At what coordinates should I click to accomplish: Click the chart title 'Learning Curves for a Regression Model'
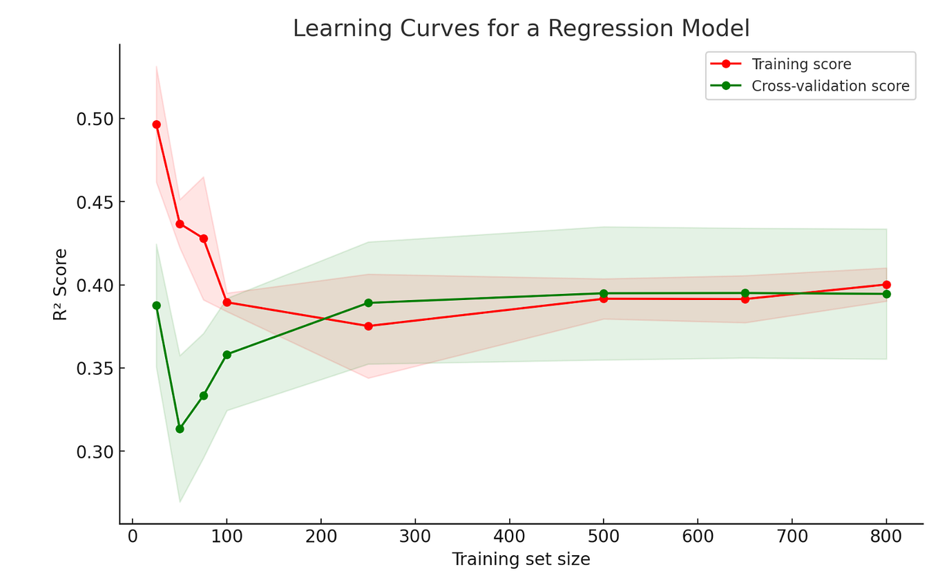coord(521,29)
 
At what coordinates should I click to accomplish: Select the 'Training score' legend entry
coord(801,64)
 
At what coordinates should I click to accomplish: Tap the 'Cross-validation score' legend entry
coord(830,86)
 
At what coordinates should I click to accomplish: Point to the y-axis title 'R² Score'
coord(61,284)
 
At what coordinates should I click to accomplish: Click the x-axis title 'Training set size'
coord(521,559)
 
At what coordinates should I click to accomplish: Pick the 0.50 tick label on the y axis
coord(95,119)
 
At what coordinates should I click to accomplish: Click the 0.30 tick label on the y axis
coord(95,451)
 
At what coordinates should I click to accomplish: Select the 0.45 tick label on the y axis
coord(95,202)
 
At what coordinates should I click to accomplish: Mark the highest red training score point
coord(156,124)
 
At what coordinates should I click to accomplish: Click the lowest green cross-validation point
coord(180,429)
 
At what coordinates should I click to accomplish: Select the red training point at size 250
coord(368,326)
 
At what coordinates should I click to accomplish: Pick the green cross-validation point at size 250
coord(368,303)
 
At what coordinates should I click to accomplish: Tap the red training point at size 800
coord(886,285)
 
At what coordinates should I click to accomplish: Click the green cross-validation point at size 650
coord(745,293)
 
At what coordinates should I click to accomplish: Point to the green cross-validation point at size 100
coord(227,355)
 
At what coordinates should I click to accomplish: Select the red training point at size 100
coord(227,302)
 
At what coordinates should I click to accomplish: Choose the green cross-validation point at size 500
coord(604,293)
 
